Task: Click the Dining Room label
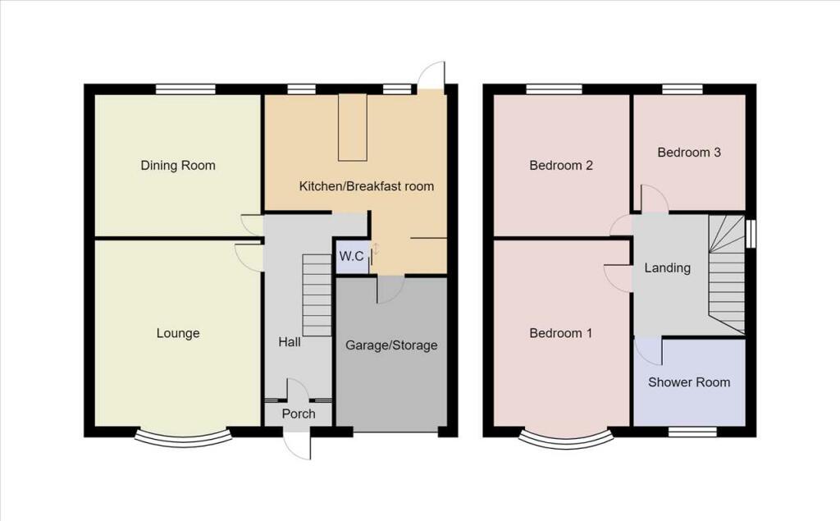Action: click(x=178, y=165)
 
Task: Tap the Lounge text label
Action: click(x=178, y=333)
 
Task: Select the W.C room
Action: click(x=352, y=257)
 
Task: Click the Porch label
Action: click(x=299, y=414)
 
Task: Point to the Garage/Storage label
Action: click(x=391, y=345)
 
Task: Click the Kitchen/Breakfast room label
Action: click(x=366, y=186)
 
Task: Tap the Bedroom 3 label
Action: click(x=689, y=152)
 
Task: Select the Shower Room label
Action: click(x=689, y=382)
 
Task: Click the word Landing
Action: click(x=667, y=267)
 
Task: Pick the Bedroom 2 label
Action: click(x=561, y=165)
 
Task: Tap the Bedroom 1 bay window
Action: click(x=566, y=439)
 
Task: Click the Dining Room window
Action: click(x=186, y=89)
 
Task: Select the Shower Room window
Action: click(x=692, y=430)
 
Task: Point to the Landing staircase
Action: click(x=727, y=275)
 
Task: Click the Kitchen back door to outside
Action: click(x=431, y=76)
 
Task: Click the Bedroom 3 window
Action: click(x=682, y=89)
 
